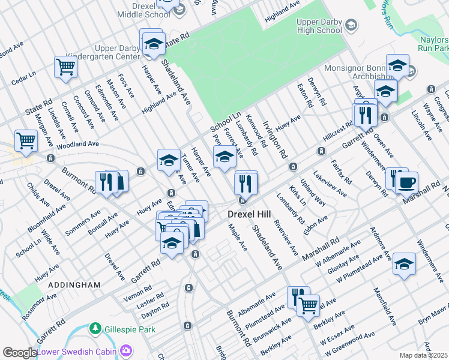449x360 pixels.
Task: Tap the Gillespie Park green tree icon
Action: [x=95, y=329]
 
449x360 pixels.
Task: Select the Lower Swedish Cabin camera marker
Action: [x=126, y=350]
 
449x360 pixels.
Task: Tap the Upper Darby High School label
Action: [x=319, y=26]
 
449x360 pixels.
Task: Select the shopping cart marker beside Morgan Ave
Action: [x=26, y=141]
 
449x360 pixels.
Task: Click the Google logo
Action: [x=19, y=353]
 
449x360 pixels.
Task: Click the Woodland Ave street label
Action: [x=79, y=144]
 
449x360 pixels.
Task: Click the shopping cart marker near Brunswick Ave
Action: [x=309, y=304]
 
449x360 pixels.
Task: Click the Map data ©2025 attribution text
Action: [x=423, y=355]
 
